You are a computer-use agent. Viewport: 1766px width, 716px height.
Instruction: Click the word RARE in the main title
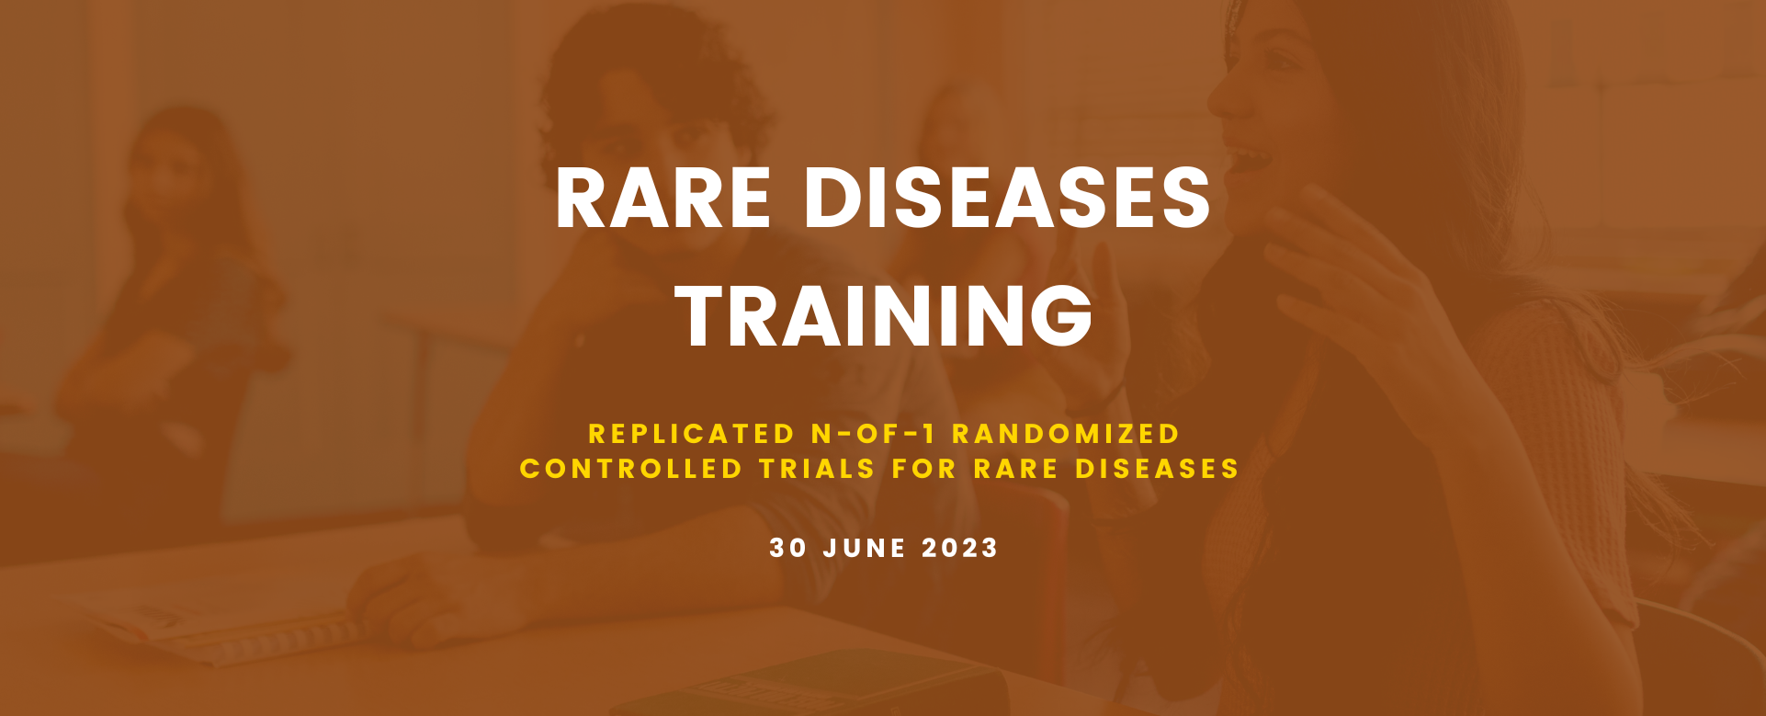click(663, 199)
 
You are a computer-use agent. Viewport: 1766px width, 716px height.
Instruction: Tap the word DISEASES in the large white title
click(1007, 199)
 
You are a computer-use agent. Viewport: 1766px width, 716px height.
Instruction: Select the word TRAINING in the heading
click(884, 316)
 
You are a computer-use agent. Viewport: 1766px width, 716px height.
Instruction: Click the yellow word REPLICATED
click(692, 434)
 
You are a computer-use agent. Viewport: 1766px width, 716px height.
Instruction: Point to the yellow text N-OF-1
click(873, 434)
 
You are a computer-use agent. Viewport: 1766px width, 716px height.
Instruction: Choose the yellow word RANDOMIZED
click(1066, 434)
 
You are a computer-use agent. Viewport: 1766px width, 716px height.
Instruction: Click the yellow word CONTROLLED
click(631, 469)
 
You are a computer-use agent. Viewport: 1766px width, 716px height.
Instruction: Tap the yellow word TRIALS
click(818, 469)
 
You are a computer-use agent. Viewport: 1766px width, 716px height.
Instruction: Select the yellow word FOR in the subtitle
click(924, 469)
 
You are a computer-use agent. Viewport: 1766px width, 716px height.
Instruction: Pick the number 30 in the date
click(788, 548)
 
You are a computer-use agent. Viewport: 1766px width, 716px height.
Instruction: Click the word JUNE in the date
click(865, 548)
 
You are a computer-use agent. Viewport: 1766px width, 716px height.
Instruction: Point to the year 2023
click(960, 548)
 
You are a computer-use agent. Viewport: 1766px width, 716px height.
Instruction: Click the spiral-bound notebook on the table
click(221, 625)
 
